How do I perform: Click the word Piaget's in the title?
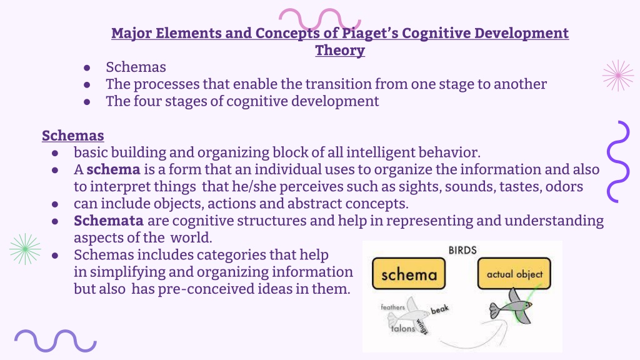click(x=369, y=34)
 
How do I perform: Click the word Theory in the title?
click(x=340, y=51)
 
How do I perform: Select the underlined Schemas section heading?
click(x=73, y=136)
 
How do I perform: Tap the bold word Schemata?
click(x=109, y=221)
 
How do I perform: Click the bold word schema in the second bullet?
click(x=113, y=169)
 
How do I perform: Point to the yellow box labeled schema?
click(x=409, y=274)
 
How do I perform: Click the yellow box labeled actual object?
click(x=514, y=274)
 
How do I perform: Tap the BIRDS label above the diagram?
click(x=462, y=250)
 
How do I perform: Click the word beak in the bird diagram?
click(x=439, y=309)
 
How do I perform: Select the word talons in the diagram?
click(x=403, y=328)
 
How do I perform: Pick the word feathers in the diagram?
click(x=392, y=307)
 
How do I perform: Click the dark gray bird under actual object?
click(x=511, y=307)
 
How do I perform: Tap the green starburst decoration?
click(x=25, y=249)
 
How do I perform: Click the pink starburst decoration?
click(x=618, y=76)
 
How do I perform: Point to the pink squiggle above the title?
click(x=319, y=16)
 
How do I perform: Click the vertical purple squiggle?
click(x=617, y=162)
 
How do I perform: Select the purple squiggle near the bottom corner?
click(x=56, y=341)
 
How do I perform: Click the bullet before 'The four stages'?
click(x=86, y=102)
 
